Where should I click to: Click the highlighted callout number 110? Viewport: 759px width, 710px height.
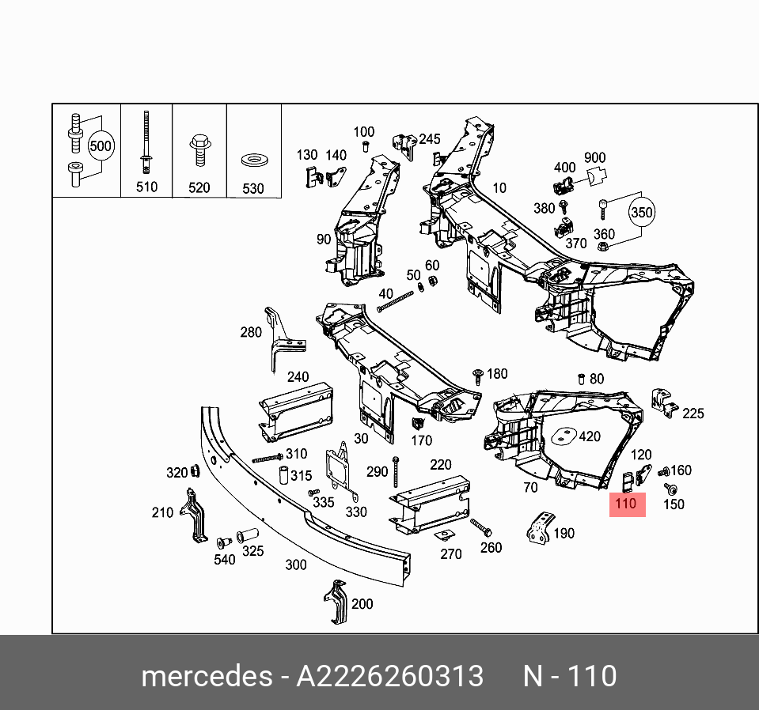(x=627, y=504)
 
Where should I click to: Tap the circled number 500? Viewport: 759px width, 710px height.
(x=101, y=146)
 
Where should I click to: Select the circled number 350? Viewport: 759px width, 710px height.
(x=643, y=213)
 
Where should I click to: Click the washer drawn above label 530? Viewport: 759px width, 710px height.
(x=253, y=161)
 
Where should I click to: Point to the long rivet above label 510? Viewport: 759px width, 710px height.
(x=146, y=142)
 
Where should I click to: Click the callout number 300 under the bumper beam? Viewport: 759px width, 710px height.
(x=295, y=565)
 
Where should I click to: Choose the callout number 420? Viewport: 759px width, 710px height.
(x=590, y=436)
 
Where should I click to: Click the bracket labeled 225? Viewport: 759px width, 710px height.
(x=663, y=403)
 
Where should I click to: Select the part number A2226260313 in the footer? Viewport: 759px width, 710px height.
(x=389, y=677)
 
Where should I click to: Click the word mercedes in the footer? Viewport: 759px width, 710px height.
(x=205, y=677)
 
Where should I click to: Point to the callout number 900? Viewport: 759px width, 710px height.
(x=594, y=159)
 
